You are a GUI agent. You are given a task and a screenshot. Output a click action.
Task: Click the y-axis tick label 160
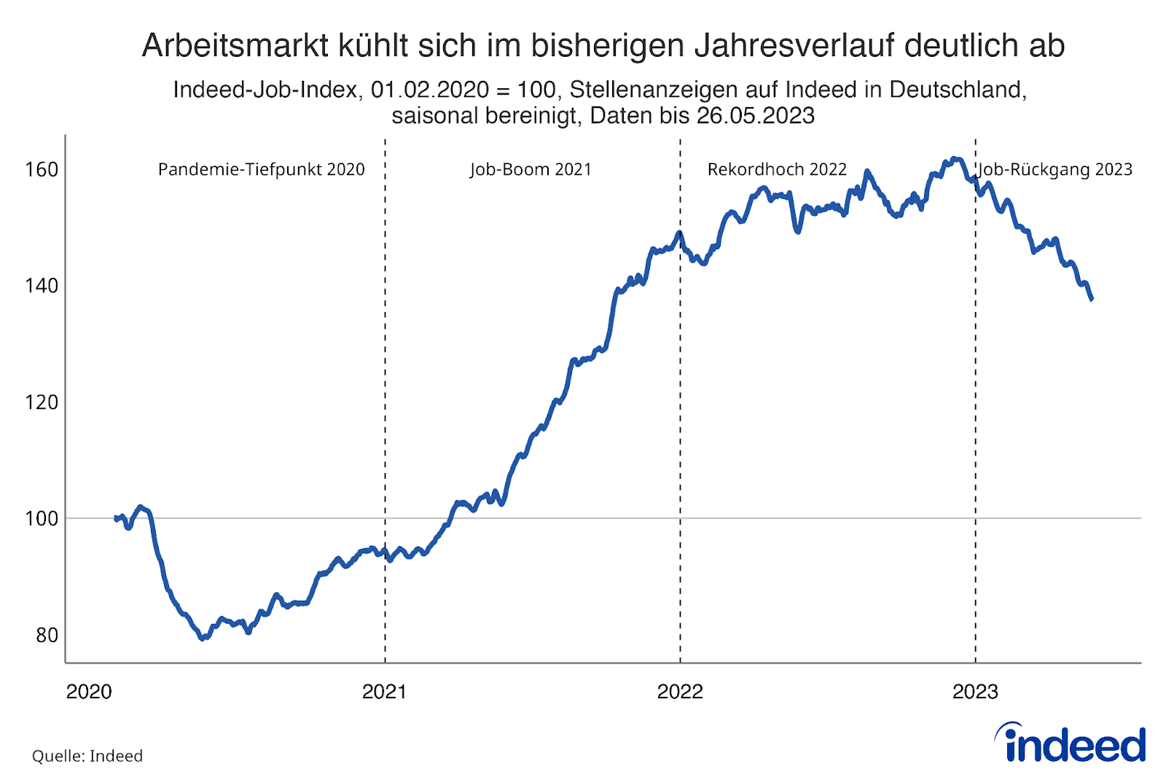tap(42, 169)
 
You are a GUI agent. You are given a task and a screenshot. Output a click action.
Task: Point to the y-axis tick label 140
tap(42, 285)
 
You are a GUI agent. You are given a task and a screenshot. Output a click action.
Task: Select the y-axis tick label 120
tap(42, 402)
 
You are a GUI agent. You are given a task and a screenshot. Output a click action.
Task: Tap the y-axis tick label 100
tap(42, 518)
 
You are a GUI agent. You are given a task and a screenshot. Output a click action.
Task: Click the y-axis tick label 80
tap(47, 635)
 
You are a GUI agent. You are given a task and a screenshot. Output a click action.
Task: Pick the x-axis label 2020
tap(89, 692)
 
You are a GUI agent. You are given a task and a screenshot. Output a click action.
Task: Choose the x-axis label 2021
tap(384, 692)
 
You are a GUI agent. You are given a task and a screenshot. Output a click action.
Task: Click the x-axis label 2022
tap(680, 692)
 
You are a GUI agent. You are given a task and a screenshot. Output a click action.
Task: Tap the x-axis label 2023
tap(975, 692)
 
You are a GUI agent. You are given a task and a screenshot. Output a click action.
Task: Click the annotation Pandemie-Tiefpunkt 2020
tap(261, 170)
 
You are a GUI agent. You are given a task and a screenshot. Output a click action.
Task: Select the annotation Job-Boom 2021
tap(531, 170)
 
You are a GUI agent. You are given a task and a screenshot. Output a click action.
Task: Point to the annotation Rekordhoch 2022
tap(777, 170)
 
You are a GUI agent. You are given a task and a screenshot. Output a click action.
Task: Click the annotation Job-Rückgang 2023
tap(1055, 170)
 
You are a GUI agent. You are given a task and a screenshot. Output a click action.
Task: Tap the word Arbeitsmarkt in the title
tap(235, 46)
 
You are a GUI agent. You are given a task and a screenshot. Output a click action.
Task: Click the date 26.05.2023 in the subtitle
tap(755, 116)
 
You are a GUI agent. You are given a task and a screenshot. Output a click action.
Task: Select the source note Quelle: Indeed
tap(87, 756)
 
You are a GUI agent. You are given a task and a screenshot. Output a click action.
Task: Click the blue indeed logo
tap(1071, 743)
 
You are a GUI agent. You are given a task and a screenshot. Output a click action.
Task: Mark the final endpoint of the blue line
tap(1092, 299)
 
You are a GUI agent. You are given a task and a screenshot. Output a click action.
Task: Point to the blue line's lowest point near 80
tap(202, 639)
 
